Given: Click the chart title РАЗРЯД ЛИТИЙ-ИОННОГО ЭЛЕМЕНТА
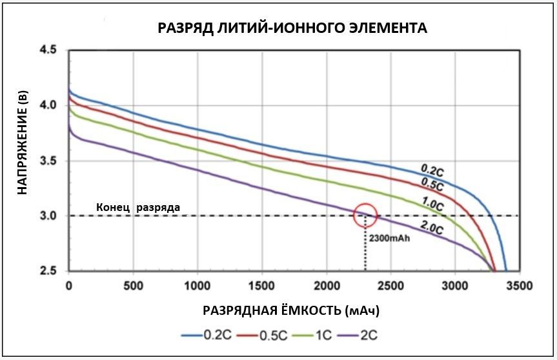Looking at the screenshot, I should (292, 28).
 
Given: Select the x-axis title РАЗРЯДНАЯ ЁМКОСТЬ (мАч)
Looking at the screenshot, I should (291, 310).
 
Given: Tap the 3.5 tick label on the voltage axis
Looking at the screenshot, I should (48, 161).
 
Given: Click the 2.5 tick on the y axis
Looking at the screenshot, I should (48, 270).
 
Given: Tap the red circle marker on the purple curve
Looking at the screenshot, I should (366, 215).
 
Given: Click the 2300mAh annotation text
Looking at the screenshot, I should (390, 237).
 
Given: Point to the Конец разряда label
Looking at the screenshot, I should (138, 207).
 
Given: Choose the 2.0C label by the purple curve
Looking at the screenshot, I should (430, 228).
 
